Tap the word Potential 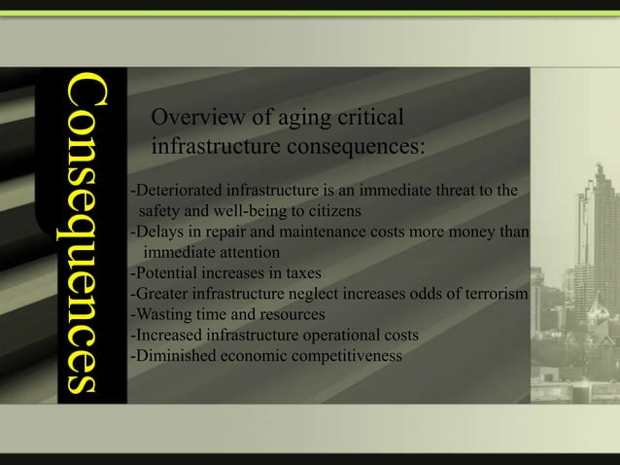164,273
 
